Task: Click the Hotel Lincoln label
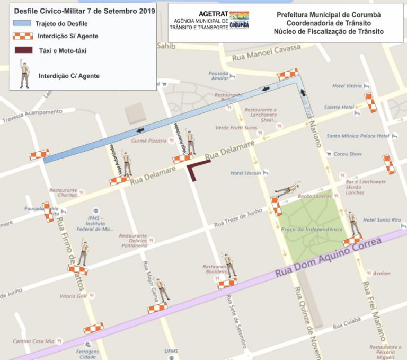(x=246, y=173)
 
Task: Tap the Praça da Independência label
(x=312, y=229)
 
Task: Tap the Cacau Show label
(x=348, y=154)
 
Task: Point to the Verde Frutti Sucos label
(x=236, y=128)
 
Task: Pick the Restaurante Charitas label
(x=64, y=192)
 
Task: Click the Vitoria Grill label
(x=73, y=296)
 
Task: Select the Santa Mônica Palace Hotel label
(x=358, y=136)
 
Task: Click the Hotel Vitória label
(x=347, y=86)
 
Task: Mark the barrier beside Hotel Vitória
(x=370, y=102)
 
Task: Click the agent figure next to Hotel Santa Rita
(x=352, y=223)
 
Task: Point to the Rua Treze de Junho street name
(x=238, y=218)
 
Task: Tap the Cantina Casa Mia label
(x=34, y=341)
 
